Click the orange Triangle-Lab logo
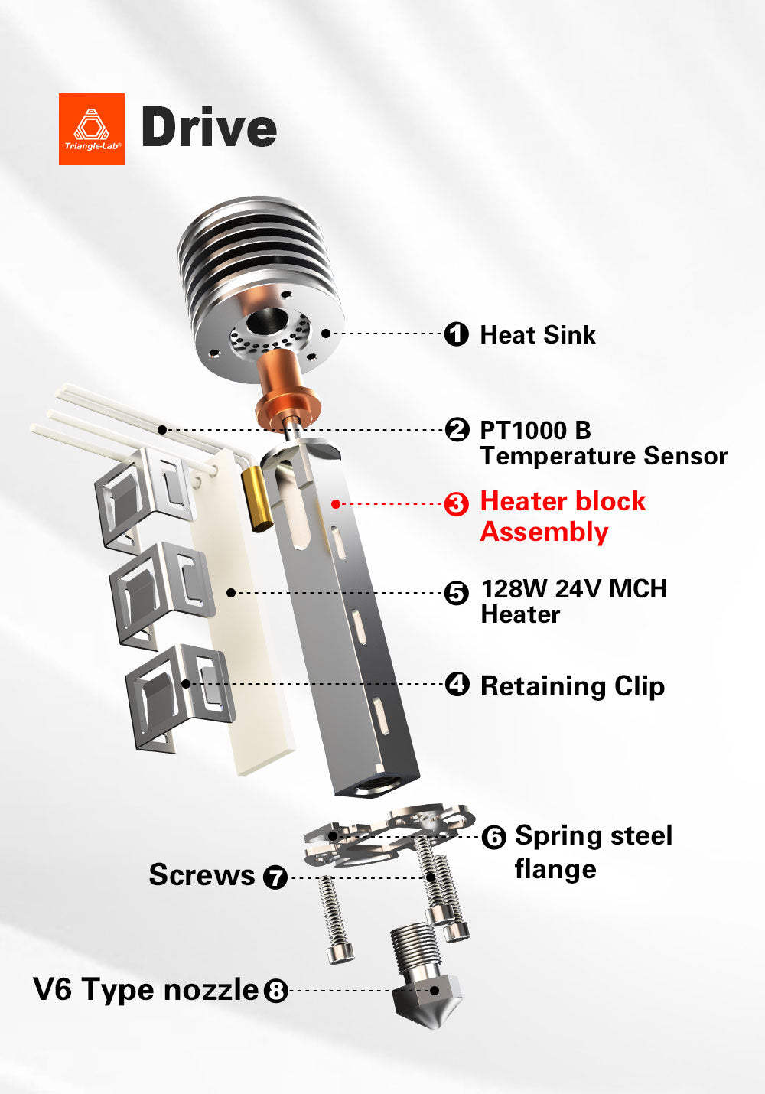92,129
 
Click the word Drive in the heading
209,128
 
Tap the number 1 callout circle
457,334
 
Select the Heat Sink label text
537,335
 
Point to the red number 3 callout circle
457,504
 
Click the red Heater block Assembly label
562,516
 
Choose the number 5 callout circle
457,593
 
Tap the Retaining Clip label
571,686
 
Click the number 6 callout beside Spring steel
493,838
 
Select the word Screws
201,875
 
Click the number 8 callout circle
275,991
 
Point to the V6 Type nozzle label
145,989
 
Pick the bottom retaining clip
180,696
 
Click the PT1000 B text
535,430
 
